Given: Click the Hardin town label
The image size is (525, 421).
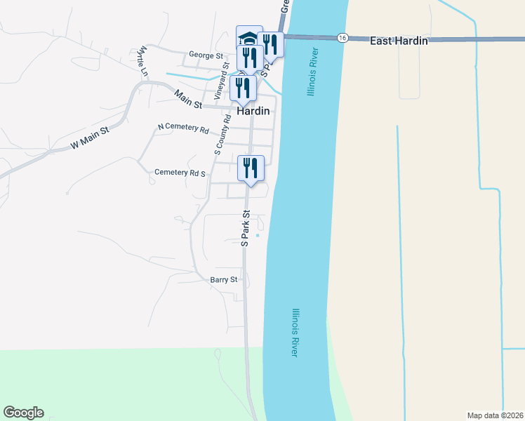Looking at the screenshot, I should click(x=253, y=111).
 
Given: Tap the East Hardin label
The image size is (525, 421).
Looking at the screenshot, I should click(x=399, y=41).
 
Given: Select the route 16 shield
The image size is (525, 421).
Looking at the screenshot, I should click(x=342, y=38).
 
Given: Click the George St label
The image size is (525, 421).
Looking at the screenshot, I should click(x=206, y=55).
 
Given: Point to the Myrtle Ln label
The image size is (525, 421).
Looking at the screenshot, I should click(x=144, y=61).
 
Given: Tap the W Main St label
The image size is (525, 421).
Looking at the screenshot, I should click(x=91, y=138).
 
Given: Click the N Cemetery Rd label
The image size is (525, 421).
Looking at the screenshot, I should click(x=183, y=129).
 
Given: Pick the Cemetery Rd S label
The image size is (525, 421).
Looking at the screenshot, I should click(x=180, y=172).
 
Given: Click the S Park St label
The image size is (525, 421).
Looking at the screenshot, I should click(x=246, y=229).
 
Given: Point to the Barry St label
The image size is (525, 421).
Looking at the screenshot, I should click(x=225, y=279).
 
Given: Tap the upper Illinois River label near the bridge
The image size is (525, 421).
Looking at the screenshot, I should click(x=312, y=72).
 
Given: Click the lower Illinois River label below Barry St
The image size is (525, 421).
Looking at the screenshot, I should click(x=296, y=333).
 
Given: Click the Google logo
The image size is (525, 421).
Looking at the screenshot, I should click(x=23, y=413).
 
